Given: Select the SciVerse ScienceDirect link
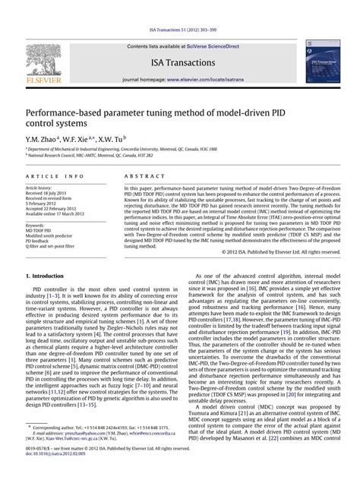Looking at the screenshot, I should tap(210, 46).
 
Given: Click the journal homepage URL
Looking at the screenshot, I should tap(212, 78).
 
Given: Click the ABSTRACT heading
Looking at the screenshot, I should tap(140, 176).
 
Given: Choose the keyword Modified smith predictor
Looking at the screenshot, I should tap(51, 237).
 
